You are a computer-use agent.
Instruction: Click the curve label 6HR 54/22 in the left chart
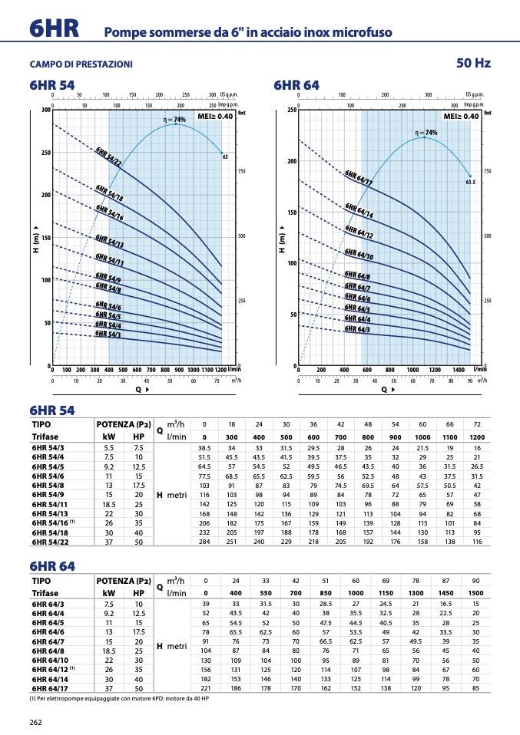[108, 156]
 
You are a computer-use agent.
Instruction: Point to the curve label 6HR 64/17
[359, 178]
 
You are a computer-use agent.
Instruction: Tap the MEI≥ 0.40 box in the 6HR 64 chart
[461, 116]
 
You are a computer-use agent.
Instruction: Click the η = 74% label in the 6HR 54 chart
[174, 120]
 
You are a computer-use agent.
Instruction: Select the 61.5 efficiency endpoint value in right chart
[471, 183]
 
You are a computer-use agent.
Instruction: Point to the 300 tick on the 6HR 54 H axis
[46, 110]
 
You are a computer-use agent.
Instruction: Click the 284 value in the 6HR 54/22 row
[204, 542]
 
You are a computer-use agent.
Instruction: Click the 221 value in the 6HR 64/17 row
[205, 688]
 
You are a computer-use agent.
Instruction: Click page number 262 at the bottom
[35, 722]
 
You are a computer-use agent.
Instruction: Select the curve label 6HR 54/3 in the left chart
[108, 334]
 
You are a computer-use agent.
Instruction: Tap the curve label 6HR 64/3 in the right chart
[357, 328]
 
